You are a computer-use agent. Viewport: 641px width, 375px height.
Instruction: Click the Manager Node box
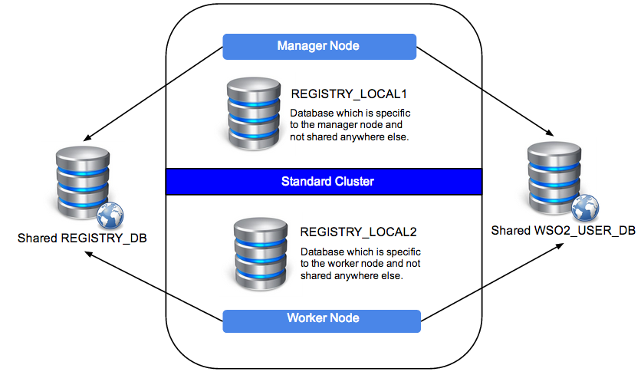(x=318, y=46)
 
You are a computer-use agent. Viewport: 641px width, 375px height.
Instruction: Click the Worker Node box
(x=322, y=319)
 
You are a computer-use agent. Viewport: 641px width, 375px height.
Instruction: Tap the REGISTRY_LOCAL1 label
(x=348, y=94)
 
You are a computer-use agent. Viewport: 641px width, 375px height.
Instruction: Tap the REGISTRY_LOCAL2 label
(x=358, y=232)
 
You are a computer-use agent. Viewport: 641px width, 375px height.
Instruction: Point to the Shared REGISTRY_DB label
(x=81, y=238)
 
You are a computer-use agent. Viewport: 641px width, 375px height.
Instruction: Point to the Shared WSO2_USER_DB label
(x=563, y=231)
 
